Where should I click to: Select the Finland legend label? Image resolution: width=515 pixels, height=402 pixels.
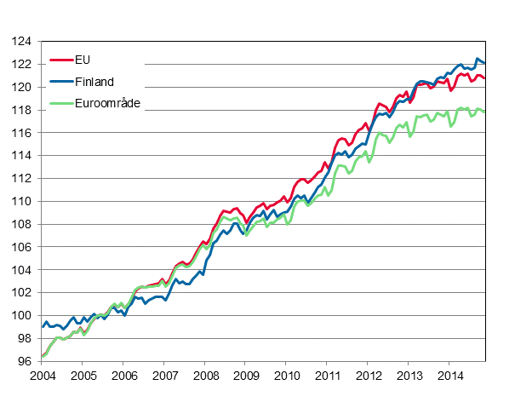(x=96, y=82)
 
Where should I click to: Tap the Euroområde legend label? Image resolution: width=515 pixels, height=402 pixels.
(x=109, y=103)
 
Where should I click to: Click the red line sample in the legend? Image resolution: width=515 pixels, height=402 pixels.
(x=62, y=60)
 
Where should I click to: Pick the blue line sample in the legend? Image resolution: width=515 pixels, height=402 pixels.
(x=62, y=82)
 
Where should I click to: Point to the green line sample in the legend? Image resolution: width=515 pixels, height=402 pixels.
(x=62, y=103)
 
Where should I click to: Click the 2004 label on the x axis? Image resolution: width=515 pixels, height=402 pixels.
(x=42, y=376)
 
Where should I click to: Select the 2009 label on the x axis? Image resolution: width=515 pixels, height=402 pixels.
(x=246, y=376)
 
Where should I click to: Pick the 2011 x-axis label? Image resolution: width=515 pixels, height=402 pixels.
(x=328, y=376)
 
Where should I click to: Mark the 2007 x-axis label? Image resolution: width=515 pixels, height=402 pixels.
(x=164, y=376)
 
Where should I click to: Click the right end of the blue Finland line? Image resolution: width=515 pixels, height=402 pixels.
(x=485, y=62)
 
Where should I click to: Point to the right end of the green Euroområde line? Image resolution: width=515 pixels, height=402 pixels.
(x=485, y=112)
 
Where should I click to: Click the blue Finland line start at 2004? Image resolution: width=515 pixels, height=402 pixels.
(x=43, y=326)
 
